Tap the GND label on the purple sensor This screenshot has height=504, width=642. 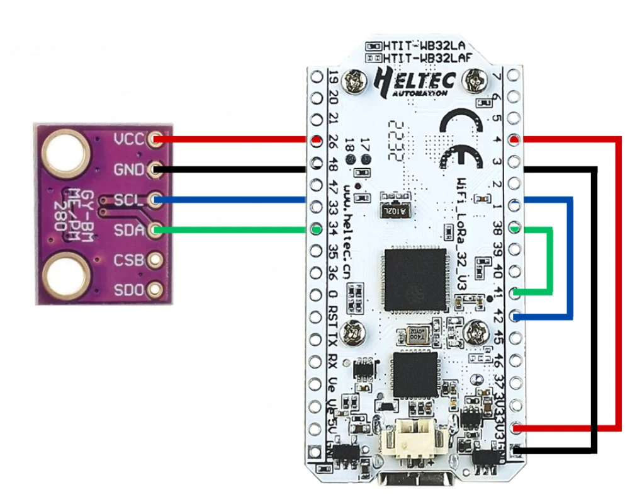[128, 169]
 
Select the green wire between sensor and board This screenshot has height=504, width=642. [233, 231]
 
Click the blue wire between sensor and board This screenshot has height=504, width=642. [233, 200]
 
